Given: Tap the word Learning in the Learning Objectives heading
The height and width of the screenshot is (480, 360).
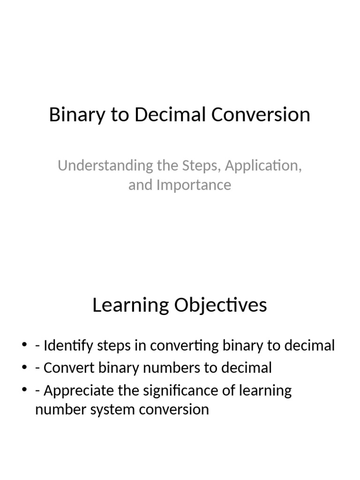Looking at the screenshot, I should (130, 305).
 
